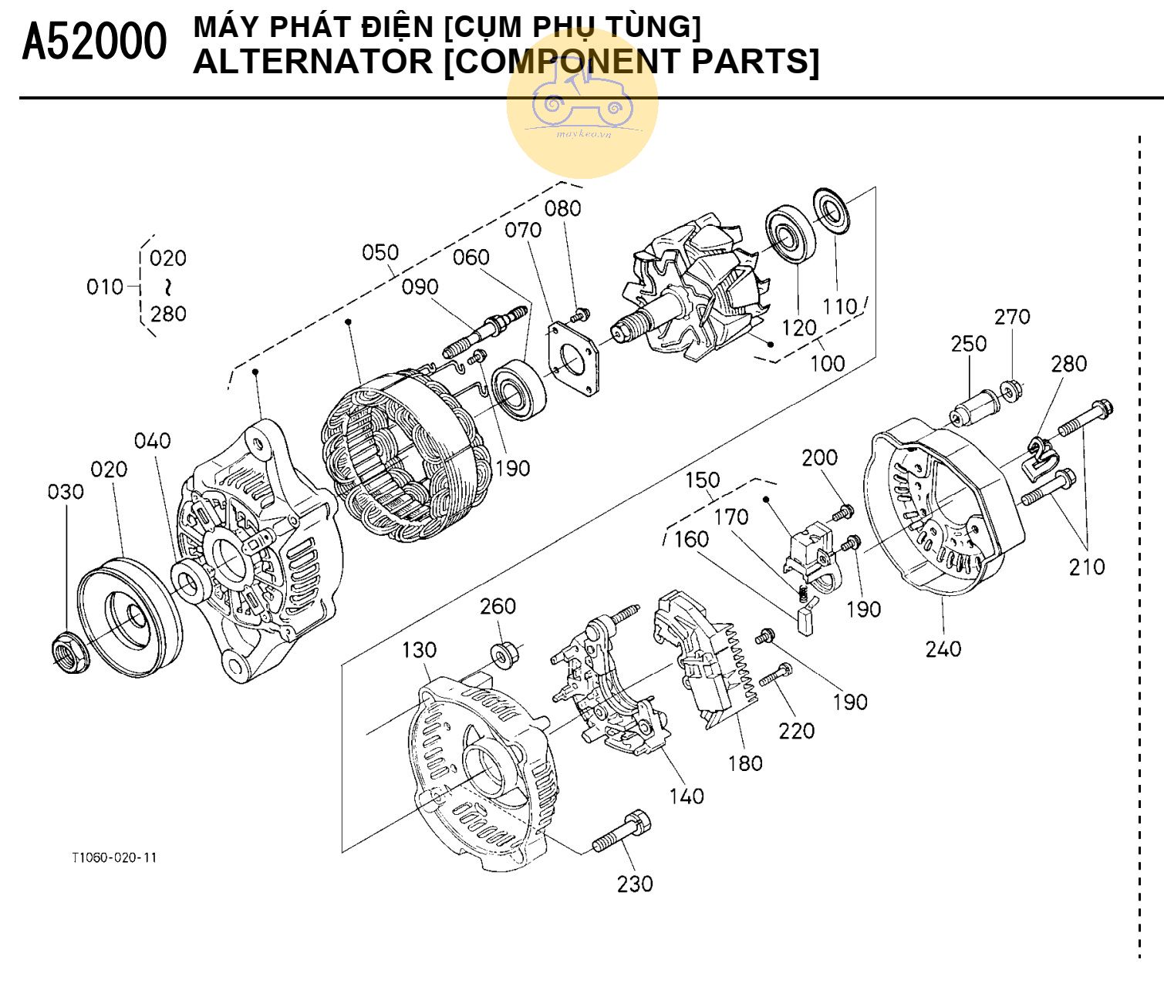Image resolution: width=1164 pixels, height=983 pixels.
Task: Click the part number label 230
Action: (634, 884)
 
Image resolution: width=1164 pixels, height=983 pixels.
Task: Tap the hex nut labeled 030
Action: (70, 651)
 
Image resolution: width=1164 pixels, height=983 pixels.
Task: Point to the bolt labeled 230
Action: (621, 832)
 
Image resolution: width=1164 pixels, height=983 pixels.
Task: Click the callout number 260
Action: (498, 607)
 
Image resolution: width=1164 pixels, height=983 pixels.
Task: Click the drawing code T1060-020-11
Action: (114, 858)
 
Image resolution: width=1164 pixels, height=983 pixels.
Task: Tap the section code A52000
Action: (93, 43)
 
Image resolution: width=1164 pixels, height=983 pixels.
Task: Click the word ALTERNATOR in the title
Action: (312, 62)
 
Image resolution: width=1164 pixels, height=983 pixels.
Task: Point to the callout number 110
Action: (839, 306)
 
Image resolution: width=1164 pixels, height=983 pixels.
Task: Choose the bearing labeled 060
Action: (519, 389)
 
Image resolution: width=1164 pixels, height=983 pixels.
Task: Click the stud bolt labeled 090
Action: (486, 331)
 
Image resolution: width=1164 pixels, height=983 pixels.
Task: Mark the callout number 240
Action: (943, 649)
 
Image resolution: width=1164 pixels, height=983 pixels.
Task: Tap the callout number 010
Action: (104, 287)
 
